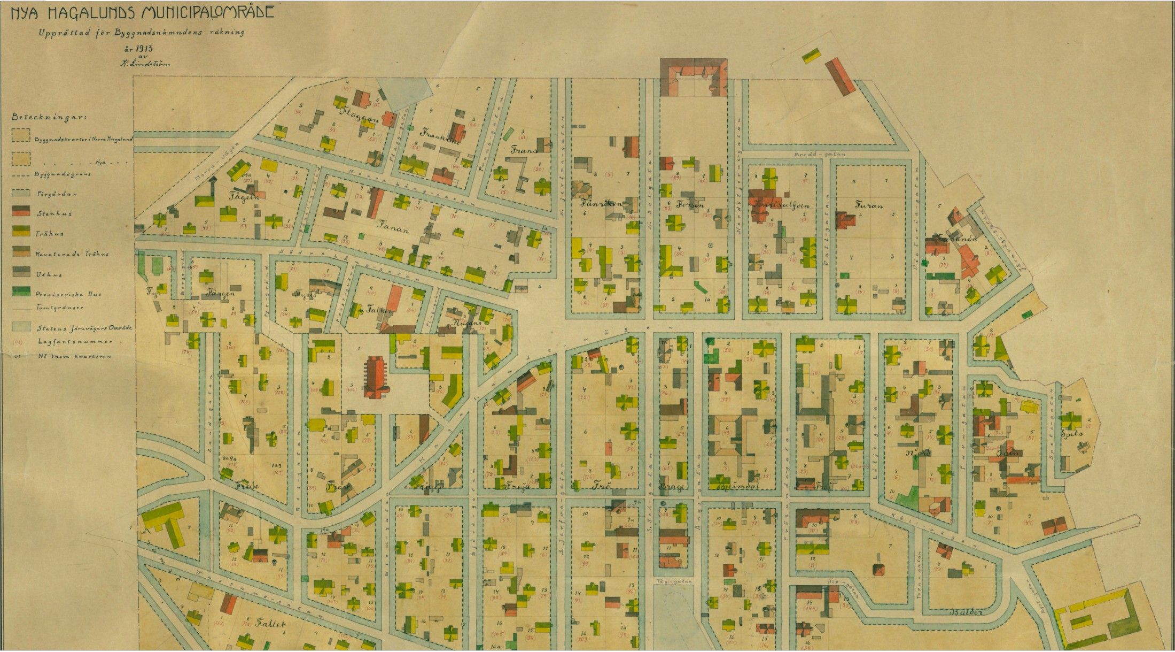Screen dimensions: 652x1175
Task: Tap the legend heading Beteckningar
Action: click(x=50, y=117)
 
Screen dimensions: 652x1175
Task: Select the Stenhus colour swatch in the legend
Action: click(x=21, y=212)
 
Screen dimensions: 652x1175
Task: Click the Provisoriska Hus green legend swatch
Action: click(x=21, y=292)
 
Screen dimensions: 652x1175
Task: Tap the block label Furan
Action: click(x=868, y=204)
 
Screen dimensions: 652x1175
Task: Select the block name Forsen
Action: click(x=690, y=204)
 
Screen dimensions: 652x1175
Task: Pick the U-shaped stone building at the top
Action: click(x=694, y=78)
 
